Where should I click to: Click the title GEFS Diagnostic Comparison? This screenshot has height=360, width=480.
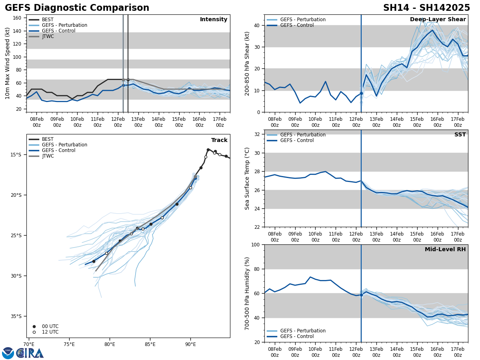pyautogui.click(x=77, y=8)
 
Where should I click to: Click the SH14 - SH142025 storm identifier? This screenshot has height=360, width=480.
pyautogui.click(x=426, y=8)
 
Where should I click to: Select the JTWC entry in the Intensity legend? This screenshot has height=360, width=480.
pyautogui.click(x=48, y=36)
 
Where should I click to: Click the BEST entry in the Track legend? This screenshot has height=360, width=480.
pyautogui.click(x=48, y=139)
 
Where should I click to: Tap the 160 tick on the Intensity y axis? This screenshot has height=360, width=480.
pyautogui.click(x=17, y=18)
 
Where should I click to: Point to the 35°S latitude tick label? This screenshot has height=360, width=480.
pyautogui.click(x=16, y=316)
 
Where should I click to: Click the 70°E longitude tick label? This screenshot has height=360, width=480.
pyautogui.click(x=29, y=344)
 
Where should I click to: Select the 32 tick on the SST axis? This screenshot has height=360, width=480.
pyautogui.click(x=258, y=134)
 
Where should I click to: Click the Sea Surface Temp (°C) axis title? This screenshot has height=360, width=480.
pyautogui.click(x=247, y=178)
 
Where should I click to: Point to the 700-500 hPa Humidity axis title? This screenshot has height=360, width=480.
pyautogui.click(x=247, y=293)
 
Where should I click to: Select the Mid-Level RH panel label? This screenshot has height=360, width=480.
pyautogui.click(x=445, y=250)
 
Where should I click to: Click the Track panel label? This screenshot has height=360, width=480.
pyautogui.click(x=219, y=140)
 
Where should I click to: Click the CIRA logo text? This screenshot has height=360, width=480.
pyautogui.click(x=30, y=353)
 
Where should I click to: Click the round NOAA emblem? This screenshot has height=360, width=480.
pyautogui.click(x=8, y=353)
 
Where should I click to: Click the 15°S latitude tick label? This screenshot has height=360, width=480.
pyautogui.click(x=16, y=155)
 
